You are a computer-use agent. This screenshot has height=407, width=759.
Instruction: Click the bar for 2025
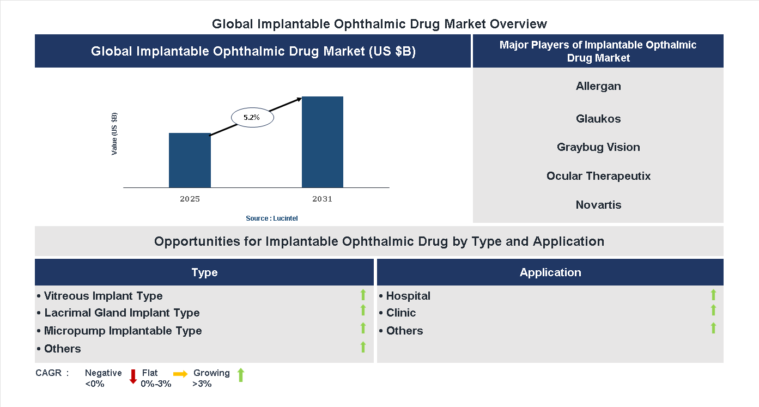[190, 160]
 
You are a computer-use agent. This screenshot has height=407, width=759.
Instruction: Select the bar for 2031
[323, 142]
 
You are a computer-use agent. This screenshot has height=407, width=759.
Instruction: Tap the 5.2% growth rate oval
[252, 117]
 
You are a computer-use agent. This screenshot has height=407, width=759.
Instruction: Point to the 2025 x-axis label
[190, 199]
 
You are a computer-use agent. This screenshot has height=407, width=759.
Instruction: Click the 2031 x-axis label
[322, 199]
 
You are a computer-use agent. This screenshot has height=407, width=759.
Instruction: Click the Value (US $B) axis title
[114, 133]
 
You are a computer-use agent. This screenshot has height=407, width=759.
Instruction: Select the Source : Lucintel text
[271, 218]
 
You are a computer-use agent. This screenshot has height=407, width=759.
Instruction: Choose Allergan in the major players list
[598, 86]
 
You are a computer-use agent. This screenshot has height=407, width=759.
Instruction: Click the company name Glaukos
[598, 119]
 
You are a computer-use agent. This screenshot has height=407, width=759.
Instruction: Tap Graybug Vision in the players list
[598, 147]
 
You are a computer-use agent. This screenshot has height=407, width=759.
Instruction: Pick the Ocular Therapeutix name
[598, 176]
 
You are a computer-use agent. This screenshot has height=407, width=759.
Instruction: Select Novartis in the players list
[598, 205]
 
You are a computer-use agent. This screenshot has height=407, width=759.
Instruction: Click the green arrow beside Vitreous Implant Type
[363, 295]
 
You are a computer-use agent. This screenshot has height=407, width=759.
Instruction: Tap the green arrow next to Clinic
[713, 310]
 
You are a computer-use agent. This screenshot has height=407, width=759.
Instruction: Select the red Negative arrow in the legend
[133, 376]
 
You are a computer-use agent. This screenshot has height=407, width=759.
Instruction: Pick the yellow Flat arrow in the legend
[180, 374]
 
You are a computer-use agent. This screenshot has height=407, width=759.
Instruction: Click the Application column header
[550, 272]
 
